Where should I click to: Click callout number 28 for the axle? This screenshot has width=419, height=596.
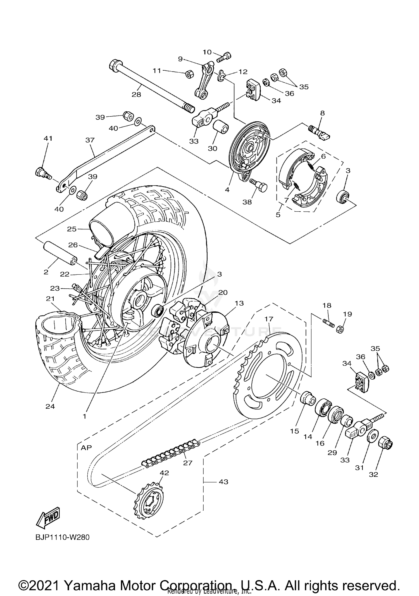(x=136, y=94)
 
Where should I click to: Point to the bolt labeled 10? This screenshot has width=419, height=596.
(x=224, y=57)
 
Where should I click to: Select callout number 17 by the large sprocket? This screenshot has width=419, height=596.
(x=269, y=319)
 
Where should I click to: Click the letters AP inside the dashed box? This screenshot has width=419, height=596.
(x=86, y=447)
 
